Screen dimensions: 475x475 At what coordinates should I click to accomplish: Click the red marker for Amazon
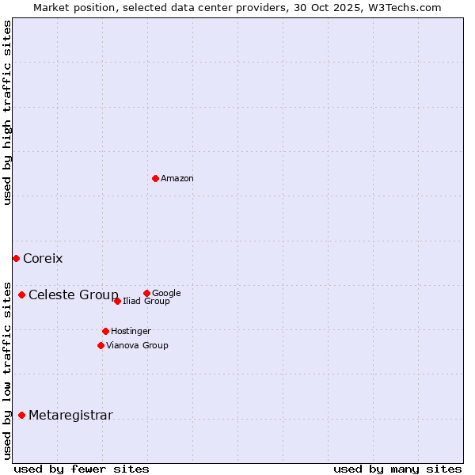coord(155,178)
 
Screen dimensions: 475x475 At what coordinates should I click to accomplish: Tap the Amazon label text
coord(177,179)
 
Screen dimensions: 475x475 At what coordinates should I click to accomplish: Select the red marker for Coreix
coord(16,258)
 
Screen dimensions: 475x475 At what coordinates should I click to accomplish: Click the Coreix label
coord(43,259)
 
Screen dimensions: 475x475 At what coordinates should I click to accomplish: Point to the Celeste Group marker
coord(21,294)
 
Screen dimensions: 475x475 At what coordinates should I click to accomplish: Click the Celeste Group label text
coord(74,295)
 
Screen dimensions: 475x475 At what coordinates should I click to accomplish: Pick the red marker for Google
coord(146,293)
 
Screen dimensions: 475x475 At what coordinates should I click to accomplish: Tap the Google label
coord(166,294)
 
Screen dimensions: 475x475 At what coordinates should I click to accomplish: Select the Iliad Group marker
coord(117,301)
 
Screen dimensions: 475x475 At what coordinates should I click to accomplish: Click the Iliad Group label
coord(146,302)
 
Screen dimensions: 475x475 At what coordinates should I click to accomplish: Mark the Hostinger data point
coord(105,331)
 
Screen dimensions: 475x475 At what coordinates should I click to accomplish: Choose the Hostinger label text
coord(131,332)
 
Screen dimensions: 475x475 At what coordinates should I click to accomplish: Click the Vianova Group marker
coord(101,345)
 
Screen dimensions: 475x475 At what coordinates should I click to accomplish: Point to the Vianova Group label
coord(137,346)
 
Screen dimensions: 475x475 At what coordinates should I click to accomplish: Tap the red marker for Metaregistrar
coord(21,415)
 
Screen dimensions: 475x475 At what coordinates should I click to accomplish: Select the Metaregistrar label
coord(70,416)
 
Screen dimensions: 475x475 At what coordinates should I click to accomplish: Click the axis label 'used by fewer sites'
coord(82,469)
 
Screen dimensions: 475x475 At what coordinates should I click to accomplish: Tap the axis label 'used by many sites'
coord(397,469)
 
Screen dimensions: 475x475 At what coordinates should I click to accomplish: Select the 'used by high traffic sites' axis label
coord(8,112)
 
